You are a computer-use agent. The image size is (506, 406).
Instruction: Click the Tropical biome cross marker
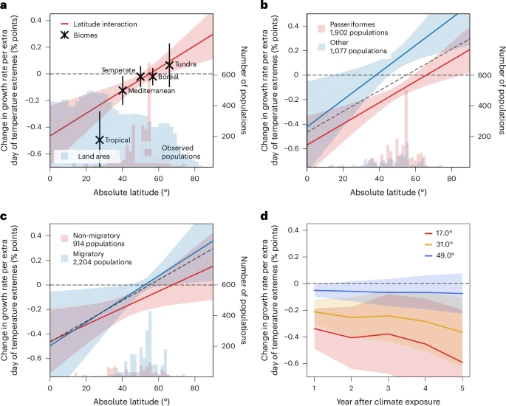pyautogui.click(x=99, y=140)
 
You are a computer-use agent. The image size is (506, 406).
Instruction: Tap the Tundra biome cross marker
pyautogui.click(x=169, y=65)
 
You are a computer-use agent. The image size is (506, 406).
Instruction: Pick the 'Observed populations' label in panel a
pyautogui.click(x=180, y=152)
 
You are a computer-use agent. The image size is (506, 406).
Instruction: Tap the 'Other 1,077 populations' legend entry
pyautogui.click(x=351, y=47)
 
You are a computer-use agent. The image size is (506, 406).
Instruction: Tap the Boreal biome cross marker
pyautogui.click(x=153, y=76)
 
